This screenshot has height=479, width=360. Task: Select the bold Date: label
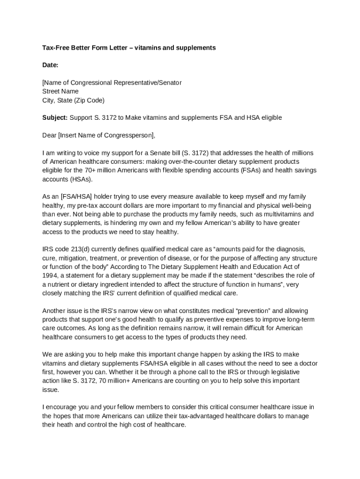(x=50, y=65)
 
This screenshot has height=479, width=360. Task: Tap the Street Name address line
(x=60, y=91)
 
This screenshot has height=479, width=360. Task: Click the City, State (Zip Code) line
(x=73, y=100)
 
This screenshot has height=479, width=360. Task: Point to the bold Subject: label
(x=55, y=117)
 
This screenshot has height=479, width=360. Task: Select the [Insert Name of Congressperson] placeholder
(x=106, y=135)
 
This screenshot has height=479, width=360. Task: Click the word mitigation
(x=71, y=258)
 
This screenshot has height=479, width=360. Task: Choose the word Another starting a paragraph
(x=54, y=311)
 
